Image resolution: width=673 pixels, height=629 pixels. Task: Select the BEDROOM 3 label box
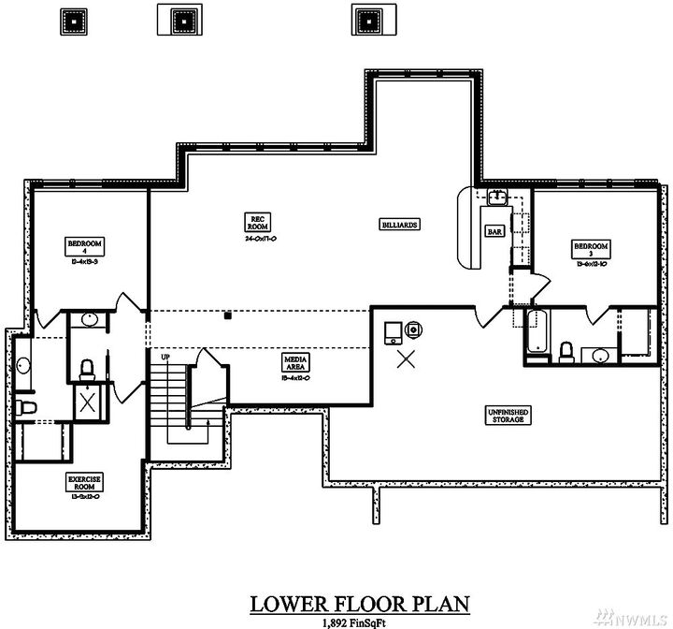coord(591,248)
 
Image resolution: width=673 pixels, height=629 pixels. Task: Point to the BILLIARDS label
coord(399,225)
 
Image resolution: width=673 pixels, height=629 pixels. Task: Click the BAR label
coord(494,231)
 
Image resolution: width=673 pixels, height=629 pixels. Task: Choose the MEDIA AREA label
coord(297,362)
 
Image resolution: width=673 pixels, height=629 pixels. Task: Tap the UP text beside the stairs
coord(165,358)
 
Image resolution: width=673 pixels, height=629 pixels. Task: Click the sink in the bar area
coord(498,197)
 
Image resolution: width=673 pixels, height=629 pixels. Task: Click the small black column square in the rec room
coord(227,315)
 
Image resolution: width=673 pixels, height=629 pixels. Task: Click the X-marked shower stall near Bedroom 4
coord(87,403)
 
